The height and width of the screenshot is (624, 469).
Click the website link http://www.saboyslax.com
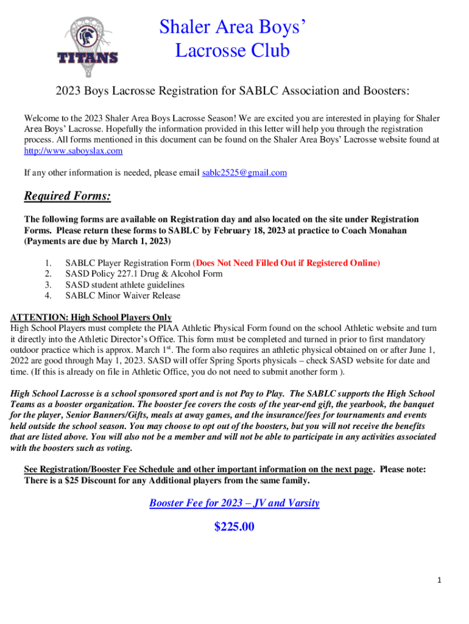tap(73, 151)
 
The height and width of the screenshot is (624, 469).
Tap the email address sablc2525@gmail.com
tap(244, 173)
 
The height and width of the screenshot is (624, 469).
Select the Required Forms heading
tap(67, 197)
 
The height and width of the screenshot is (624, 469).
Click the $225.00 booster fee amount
tap(234, 527)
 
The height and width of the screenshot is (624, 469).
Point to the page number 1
tap(440, 580)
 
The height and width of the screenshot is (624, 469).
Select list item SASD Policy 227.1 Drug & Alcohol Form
tap(144, 274)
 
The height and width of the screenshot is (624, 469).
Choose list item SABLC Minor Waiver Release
tap(123, 296)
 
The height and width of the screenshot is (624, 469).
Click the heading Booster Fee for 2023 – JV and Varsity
tap(234, 503)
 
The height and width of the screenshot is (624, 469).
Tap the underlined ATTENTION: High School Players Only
tap(91, 317)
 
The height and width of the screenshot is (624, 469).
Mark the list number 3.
tap(48, 285)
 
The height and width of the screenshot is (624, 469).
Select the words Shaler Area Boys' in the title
tap(232, 27)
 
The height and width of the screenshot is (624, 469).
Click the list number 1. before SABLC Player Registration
tap(48, 263)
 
